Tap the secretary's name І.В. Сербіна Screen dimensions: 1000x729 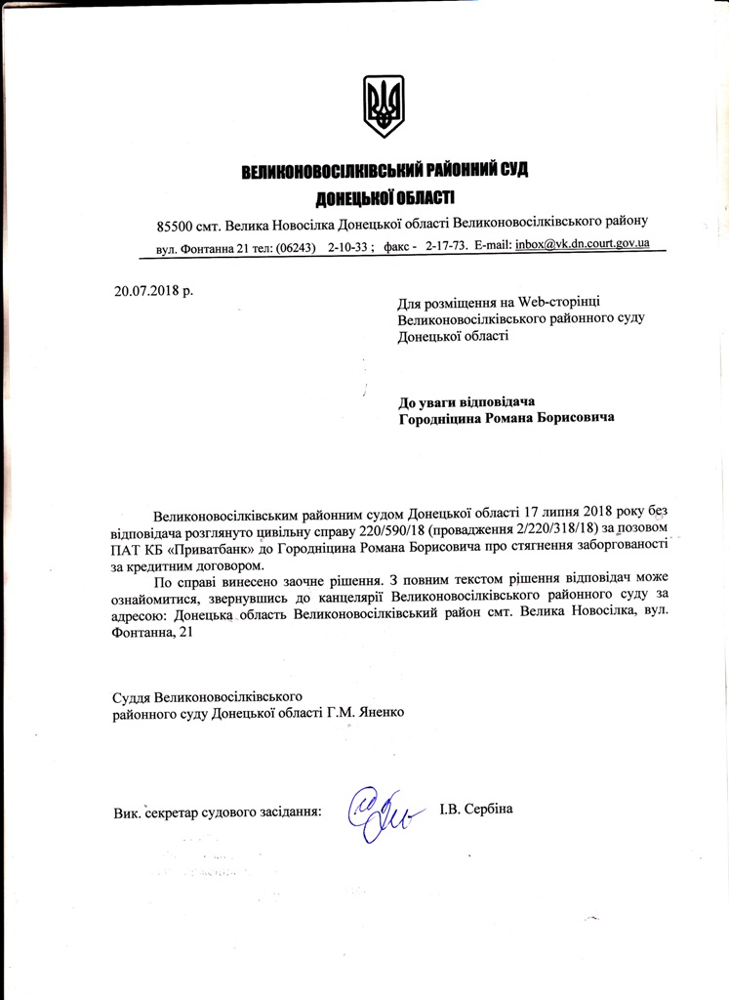[x=475, y=808]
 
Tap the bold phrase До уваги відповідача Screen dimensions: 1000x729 [x=467, y=401]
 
